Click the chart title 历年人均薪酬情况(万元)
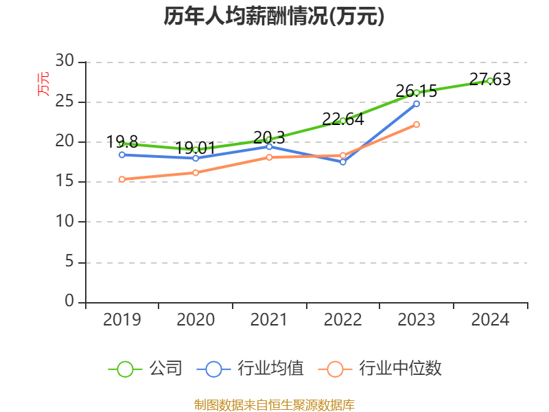click(274, 16)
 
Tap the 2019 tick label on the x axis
click(121, 320)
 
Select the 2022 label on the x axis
click(342, 320)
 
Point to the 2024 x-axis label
click(490, 320)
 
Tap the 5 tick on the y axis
click(69, 262)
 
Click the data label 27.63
click(490, 80)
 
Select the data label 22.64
click(342, 119)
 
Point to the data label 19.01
click(196, 148)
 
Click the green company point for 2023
click(417, 93)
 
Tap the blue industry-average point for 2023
click(417, 103)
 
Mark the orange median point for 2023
click(417, 124)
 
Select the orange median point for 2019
click(121, 179)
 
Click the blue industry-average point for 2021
click(269, 146)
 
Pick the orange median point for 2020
click(196, 173)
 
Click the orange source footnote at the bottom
click(274, 404)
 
